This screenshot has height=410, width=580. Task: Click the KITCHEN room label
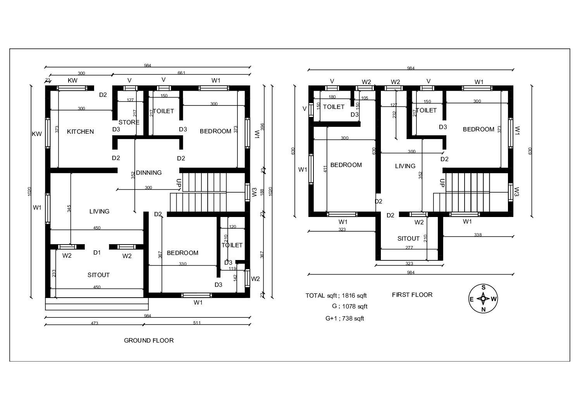pos(80,132)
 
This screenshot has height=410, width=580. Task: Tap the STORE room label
pos(129,122)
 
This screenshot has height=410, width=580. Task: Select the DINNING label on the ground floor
pos(149,173)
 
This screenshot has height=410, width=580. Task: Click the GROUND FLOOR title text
pos(149,341)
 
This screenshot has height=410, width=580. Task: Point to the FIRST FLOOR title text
pos(412,295)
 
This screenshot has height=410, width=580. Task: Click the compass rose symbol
pos(483,299)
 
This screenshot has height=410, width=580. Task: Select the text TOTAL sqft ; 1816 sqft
pos(336,296)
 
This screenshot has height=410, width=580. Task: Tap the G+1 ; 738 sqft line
pos(344,319)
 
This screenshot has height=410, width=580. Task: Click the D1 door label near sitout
pos(97,253)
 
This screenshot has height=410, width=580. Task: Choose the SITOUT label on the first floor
pos(408,239)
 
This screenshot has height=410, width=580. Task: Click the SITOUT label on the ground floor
pos(98,275)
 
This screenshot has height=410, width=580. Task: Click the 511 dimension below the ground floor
pos(197,323)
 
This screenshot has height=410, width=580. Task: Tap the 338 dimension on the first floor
pos(478,235)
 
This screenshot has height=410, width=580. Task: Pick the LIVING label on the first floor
pos(405,166)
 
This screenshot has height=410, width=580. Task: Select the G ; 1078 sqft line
pos(347,307)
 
